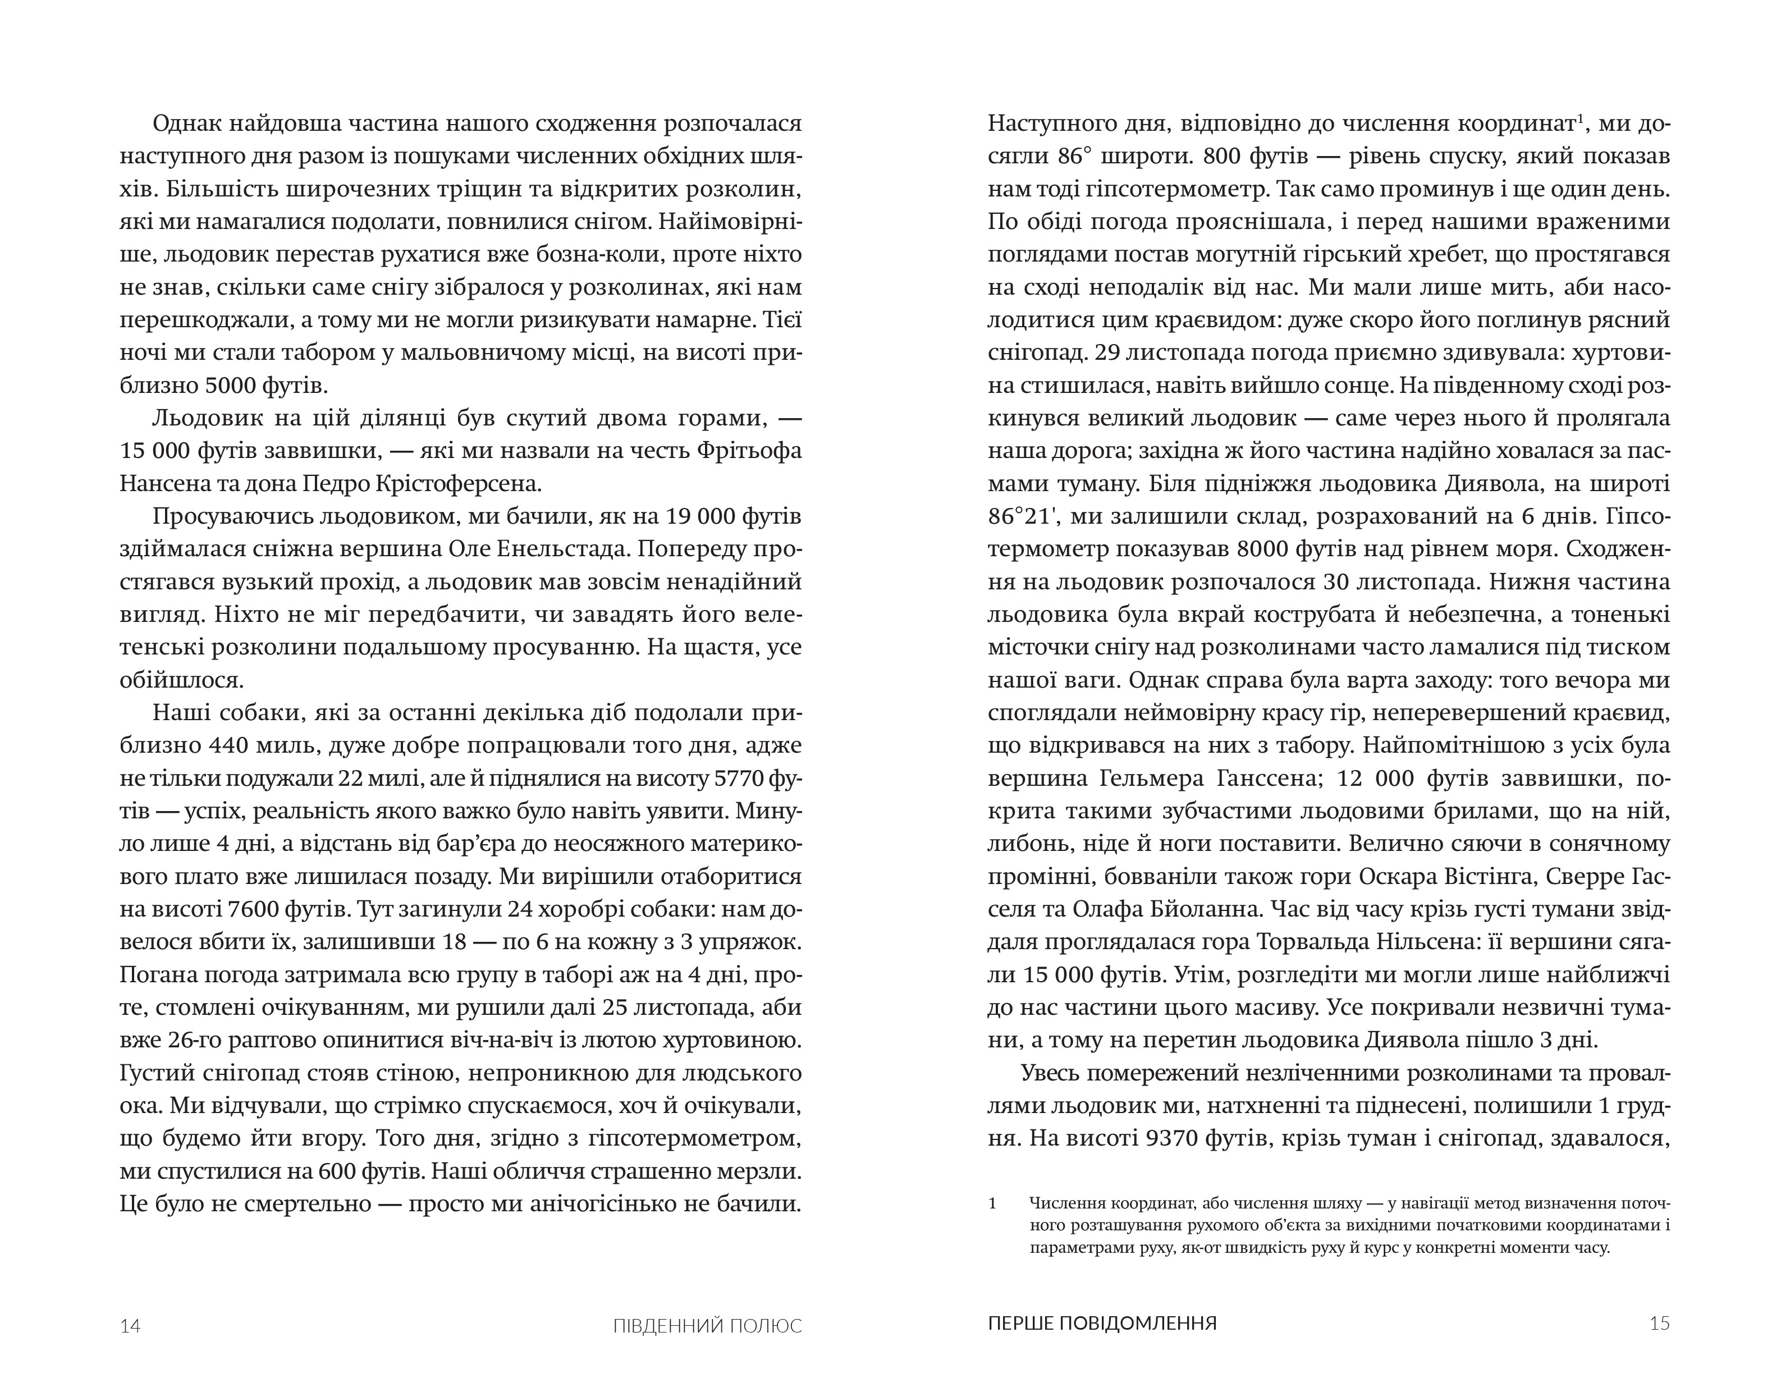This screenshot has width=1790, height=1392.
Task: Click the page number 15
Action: pyautogui.click(x=1659, y=1323)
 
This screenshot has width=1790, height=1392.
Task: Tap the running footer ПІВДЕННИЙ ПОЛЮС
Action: pyautogui.click(x=707, y=1326)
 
